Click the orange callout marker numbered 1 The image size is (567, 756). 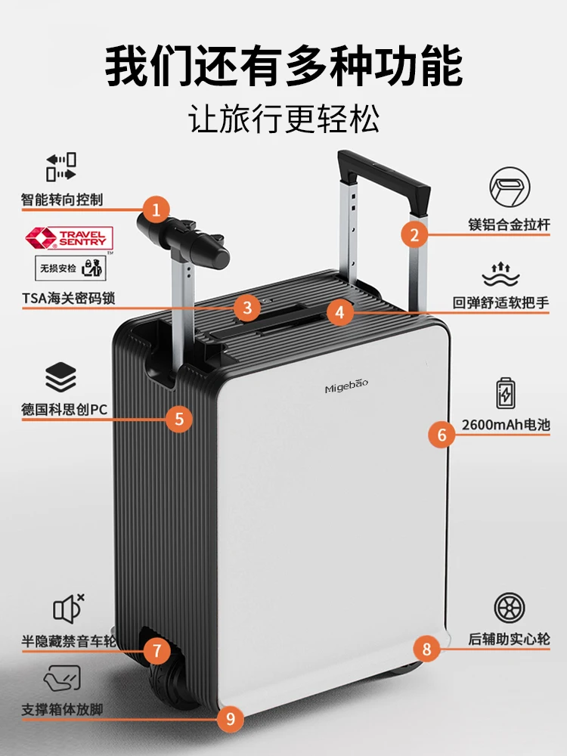point(156,209)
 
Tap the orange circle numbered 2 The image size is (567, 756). point(414,234)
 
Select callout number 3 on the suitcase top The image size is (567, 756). point(246,307)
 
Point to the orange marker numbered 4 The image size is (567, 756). point(340,310)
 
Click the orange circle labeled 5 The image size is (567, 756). point(178,419)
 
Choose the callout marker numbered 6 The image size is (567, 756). point(442,434)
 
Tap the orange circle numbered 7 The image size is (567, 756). point(156,649)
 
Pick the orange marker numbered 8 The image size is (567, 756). point(426,648)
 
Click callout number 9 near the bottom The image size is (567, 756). point(231,718)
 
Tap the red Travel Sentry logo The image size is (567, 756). point(69,238)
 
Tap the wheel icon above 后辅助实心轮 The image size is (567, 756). point(509,608)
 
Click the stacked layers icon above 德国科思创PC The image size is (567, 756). point(60,376)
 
